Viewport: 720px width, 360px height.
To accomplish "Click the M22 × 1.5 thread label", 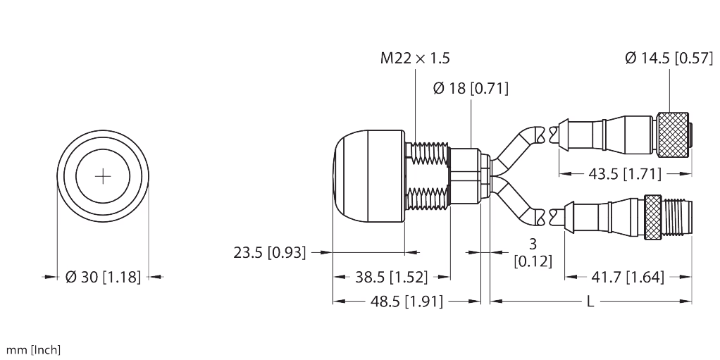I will (x=415, y=59).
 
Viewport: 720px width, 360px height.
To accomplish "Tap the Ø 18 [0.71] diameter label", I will (x=471, y=89).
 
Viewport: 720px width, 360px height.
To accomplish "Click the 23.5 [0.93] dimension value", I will (x=270, y=252).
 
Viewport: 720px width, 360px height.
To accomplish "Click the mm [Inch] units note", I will (x=33, y=349).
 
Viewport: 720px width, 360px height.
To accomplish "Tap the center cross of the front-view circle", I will (x=103, y=176).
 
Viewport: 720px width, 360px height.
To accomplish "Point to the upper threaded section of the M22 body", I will (x=428, y=153).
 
